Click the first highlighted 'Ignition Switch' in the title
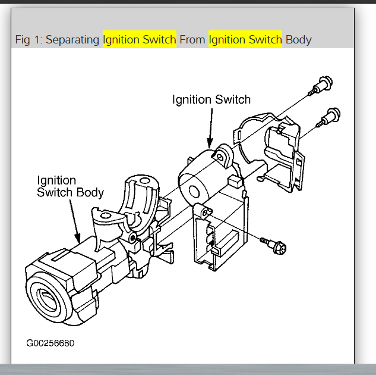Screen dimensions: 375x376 140,40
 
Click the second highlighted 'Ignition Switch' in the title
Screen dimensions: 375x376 245,40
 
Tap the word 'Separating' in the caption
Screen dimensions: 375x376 73,40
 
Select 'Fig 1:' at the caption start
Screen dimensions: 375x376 29,40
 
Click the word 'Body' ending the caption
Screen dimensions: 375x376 298,40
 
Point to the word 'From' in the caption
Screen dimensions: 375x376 192,40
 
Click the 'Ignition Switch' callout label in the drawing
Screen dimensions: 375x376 211,99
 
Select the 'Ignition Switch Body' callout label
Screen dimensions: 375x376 70,186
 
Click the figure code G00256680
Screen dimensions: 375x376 50,343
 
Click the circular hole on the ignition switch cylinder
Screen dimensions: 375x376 194,191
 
